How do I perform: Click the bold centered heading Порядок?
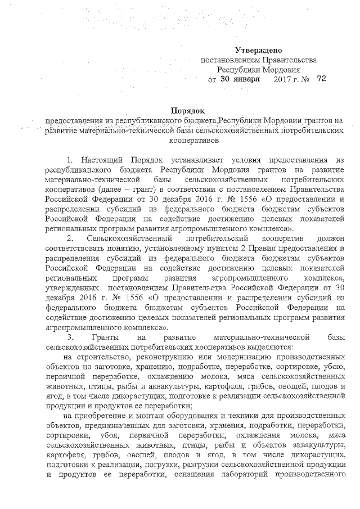coord(188,110)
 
